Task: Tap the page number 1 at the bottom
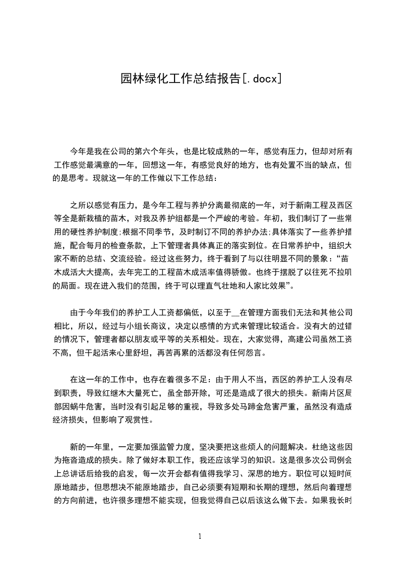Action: click(x=200, y=536)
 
